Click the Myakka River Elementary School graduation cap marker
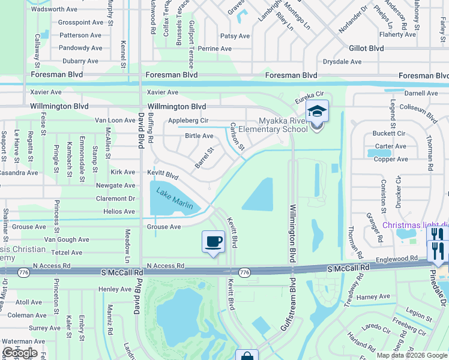click(316, 112)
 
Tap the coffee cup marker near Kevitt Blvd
click(213, 242)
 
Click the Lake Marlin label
click(174, 198)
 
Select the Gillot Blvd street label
click(366, 48)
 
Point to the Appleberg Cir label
click(188, 120)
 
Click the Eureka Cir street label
click(309, 94)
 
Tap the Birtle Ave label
click(199, 136)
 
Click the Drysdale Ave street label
click(342, 61)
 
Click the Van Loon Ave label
click(115, 120)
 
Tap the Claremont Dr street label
click(115, 199)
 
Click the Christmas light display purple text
click(415, 225)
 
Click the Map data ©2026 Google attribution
click(412, 355)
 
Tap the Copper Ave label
click(391, 159)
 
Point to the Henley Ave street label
click(115, 289)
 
